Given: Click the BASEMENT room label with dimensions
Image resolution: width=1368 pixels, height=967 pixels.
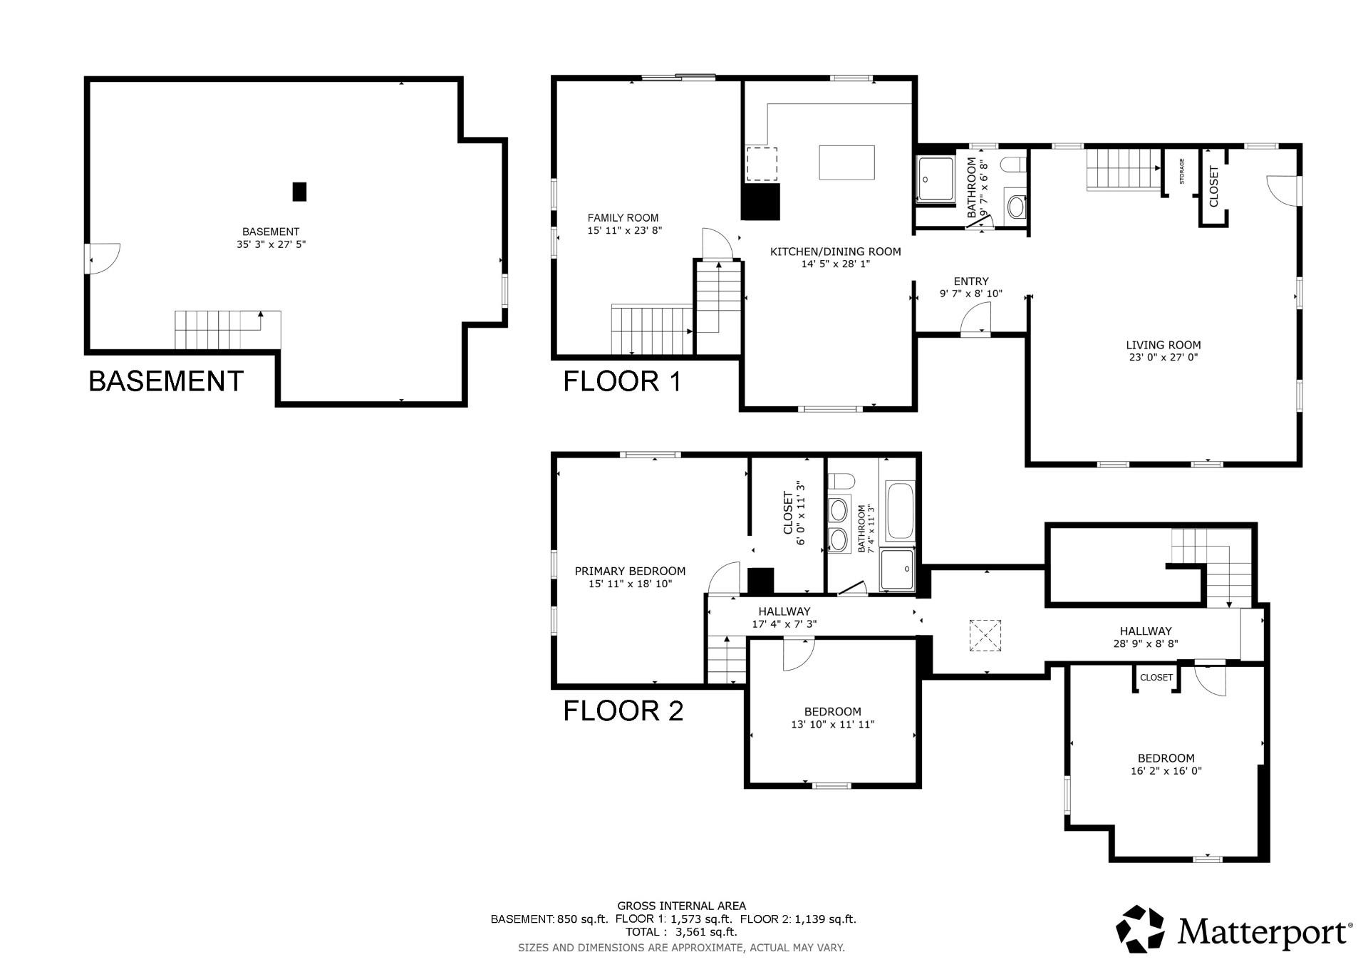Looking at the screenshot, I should point(271,237).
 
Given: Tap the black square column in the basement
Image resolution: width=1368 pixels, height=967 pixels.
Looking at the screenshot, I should point(299,192).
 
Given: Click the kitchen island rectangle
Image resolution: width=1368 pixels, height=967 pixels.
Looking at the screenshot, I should point(846,162).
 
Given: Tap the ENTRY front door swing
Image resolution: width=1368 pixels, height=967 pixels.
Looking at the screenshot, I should point(975,319).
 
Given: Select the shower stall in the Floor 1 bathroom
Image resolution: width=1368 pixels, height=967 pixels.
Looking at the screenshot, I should point(935,179).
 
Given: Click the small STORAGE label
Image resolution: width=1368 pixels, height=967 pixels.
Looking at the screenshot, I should point(1181,172).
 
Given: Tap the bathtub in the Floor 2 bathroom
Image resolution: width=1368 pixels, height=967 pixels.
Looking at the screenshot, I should point(899,511).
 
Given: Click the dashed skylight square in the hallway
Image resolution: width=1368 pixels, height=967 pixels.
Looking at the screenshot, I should point(985,635).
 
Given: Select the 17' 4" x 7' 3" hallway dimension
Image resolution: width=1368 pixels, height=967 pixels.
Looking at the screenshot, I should point(784,624).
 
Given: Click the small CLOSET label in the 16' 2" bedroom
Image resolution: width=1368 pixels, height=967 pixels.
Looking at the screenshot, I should point(1156,677).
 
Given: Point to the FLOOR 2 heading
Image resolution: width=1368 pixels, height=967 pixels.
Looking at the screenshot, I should point(623,710).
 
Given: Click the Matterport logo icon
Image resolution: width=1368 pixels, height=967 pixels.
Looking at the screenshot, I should point(1139,929).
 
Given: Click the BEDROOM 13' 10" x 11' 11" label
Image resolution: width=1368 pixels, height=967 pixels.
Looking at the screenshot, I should point(832,718).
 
